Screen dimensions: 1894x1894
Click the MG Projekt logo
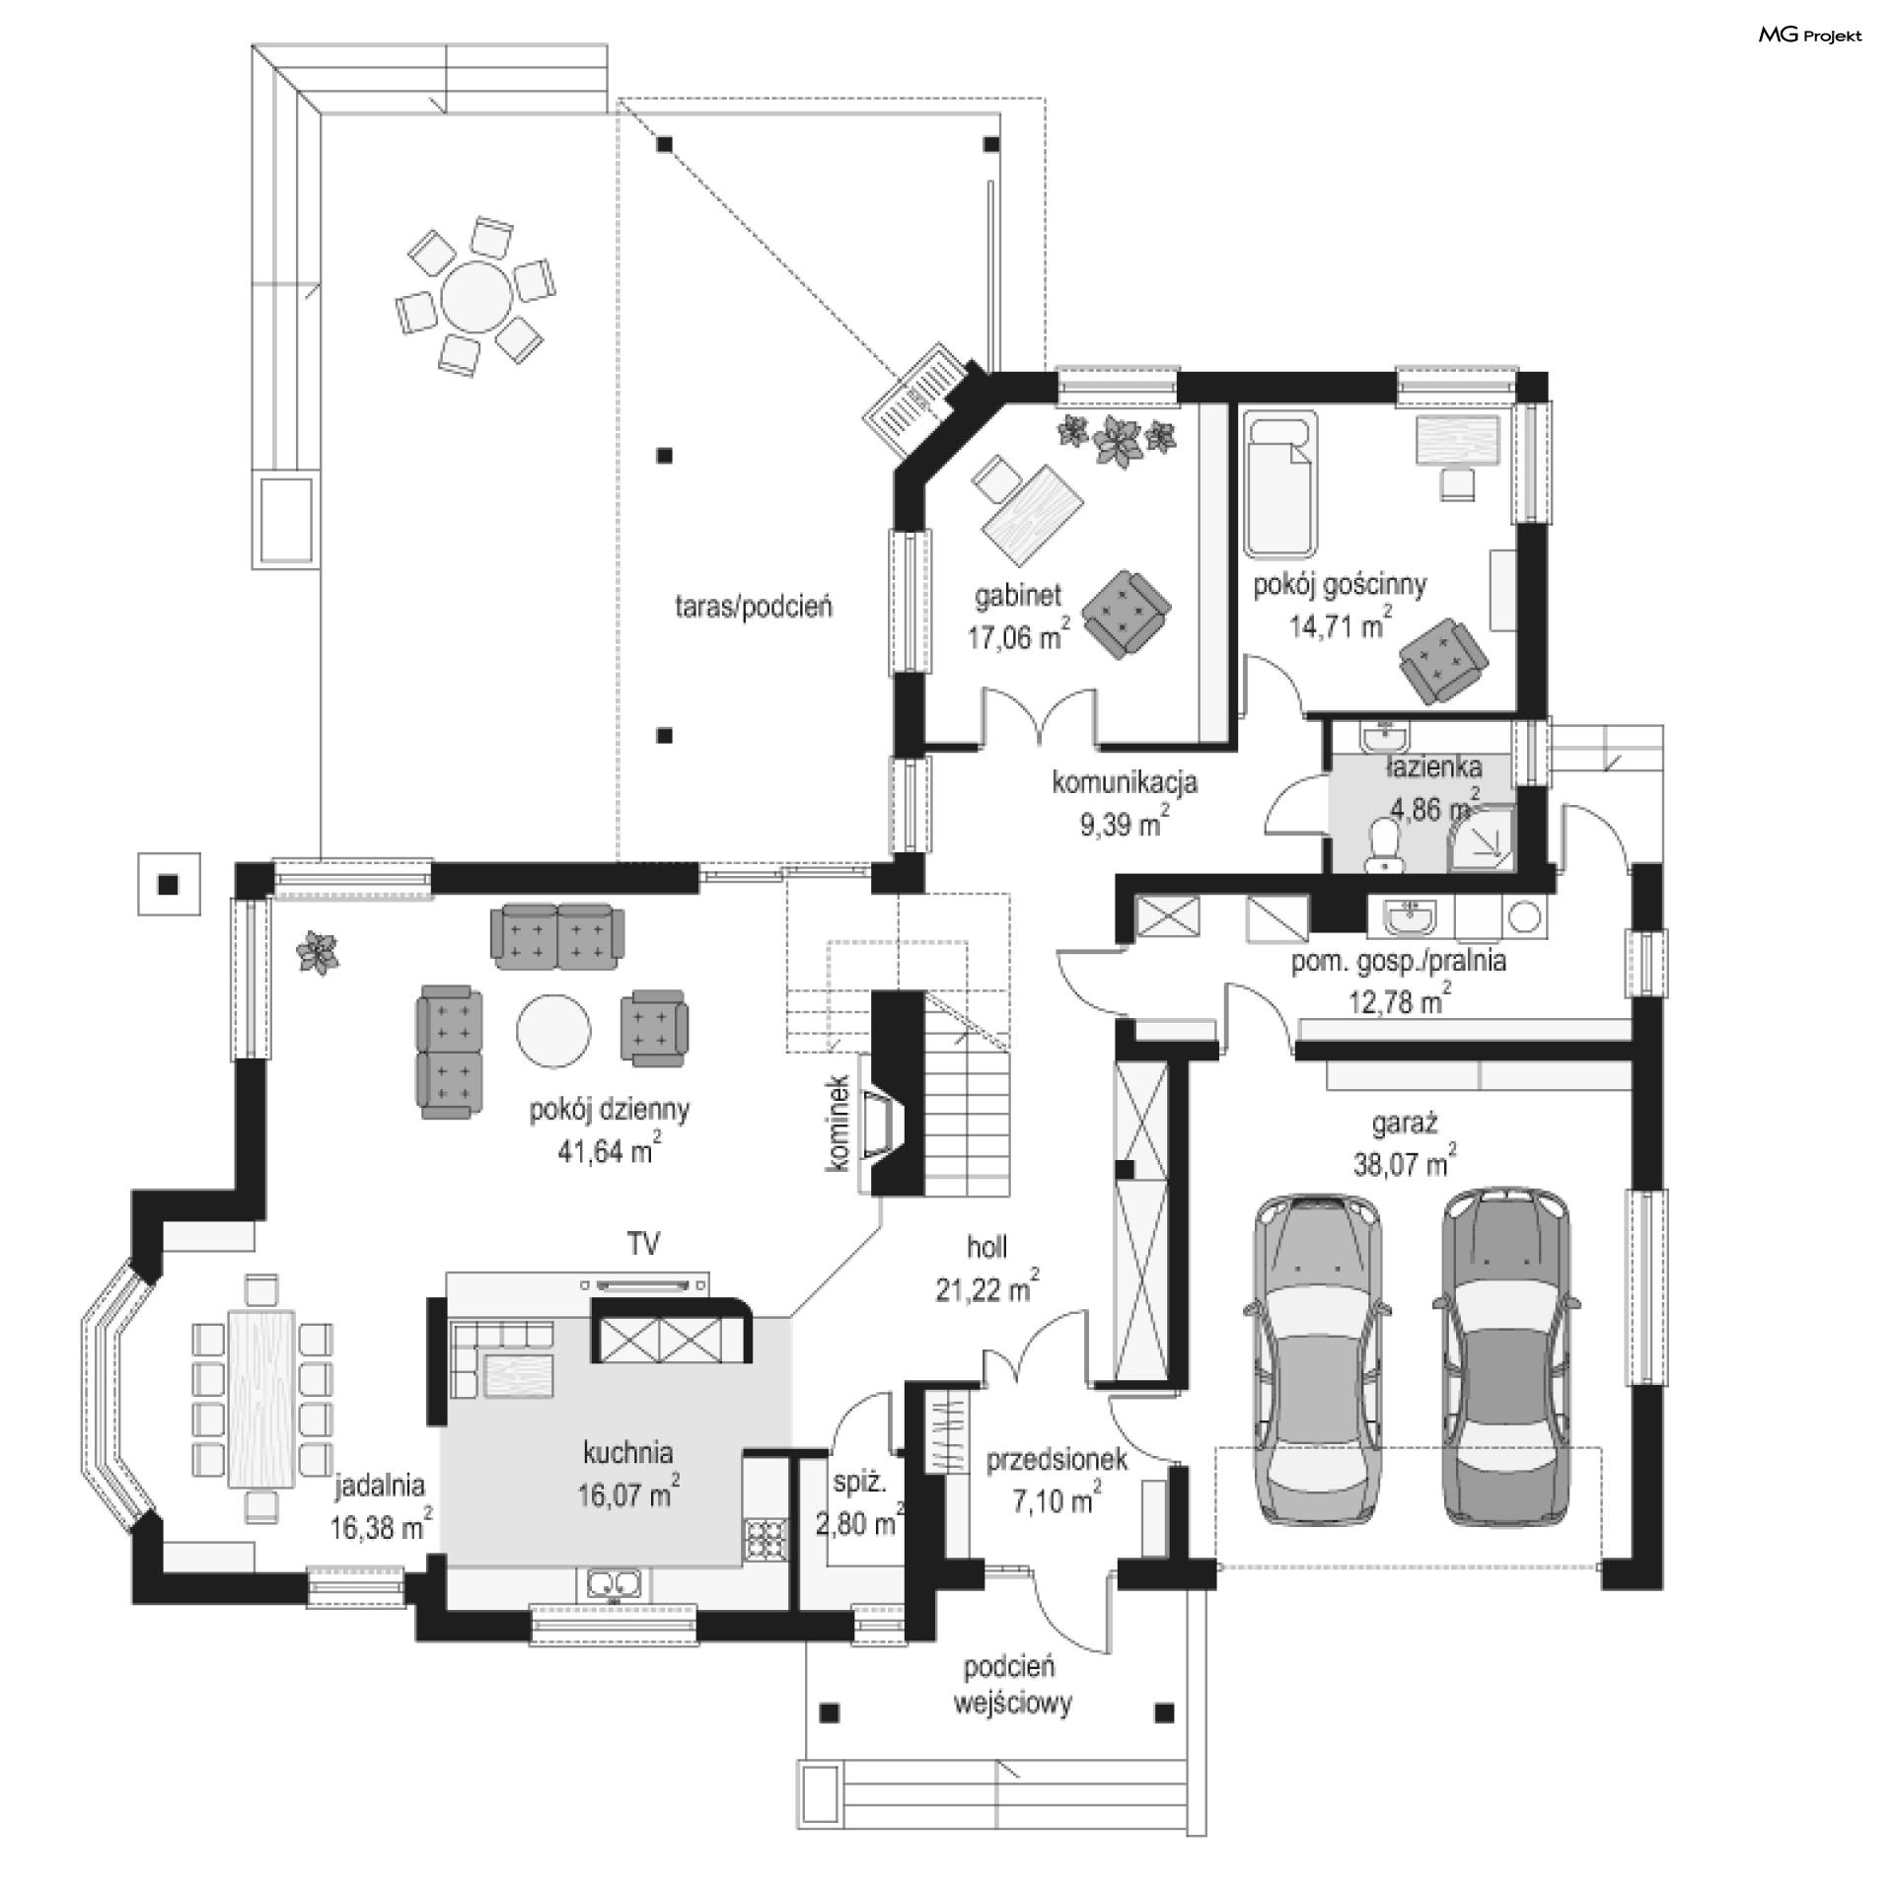pyautogui.click(x=1810, y=36)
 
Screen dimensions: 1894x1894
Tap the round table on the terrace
pyautogui.click(x=477, y=296)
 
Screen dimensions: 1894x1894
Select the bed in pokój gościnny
pyautogui.click(x=1281, y=484)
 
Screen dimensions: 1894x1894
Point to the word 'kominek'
pyautogui.click(x=838, y=1123)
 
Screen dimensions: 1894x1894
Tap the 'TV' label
pyautogui.click(x=643, y=1244)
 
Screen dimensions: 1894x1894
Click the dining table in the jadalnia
pyautogui.click(x=261, y=1398)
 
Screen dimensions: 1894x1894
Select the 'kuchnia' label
pyautogui.click(x=628, y=1452)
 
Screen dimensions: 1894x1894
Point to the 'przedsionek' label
pyautogui.click(x=1056, y=1461)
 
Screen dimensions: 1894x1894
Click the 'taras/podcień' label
pyautogui.click(x=754, y=606)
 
